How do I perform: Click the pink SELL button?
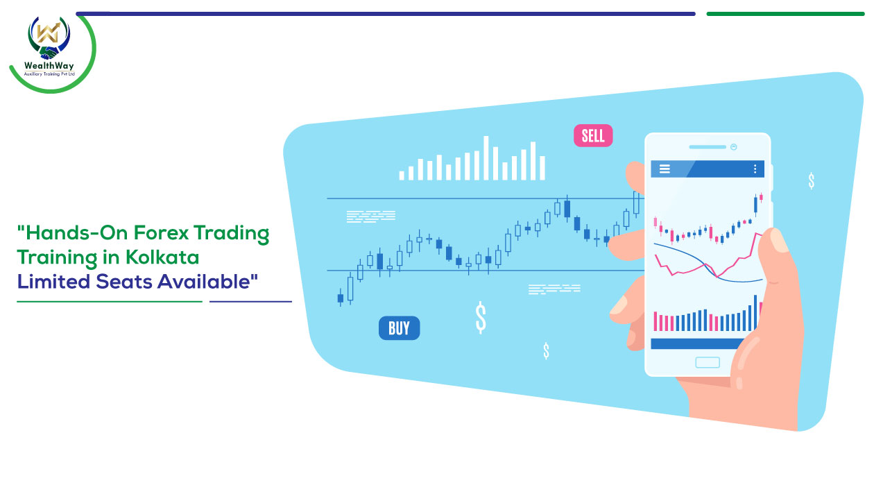click(593, 135)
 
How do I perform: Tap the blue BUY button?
click(399, 328)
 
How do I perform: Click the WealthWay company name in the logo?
click(49, 65)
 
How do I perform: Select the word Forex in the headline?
click(161, 232)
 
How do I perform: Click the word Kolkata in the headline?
click(162, 257)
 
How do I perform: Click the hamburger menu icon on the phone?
click(665, 169)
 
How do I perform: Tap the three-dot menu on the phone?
click(755, 169)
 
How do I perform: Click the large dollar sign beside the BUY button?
click(481, 317)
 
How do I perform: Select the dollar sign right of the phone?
click(811, 180)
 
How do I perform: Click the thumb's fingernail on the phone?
click(779, 240)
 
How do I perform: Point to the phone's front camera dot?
click(734, 147)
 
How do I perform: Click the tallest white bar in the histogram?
click(486, 158)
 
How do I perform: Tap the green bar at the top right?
click(785, 14)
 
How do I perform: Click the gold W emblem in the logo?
click(48, 33)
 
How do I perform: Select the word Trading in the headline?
click(232, 233)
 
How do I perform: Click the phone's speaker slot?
click(708, 147)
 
